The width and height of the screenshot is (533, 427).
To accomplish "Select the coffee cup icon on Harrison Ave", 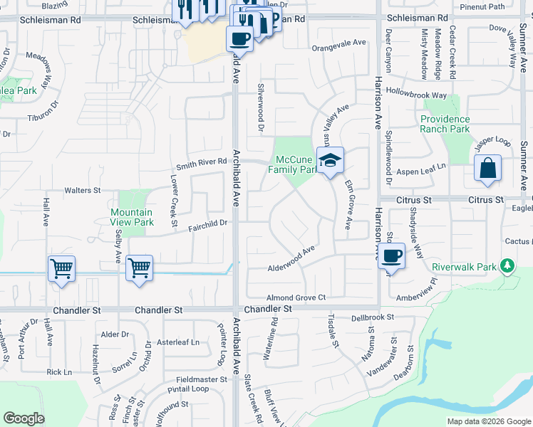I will [391, 256].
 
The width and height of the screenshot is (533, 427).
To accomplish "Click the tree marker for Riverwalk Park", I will [507, 266].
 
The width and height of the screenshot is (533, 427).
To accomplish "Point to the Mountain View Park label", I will [132, 217].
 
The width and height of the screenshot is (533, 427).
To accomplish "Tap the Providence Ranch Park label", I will [445, 124].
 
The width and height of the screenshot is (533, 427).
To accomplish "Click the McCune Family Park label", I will [292, 164].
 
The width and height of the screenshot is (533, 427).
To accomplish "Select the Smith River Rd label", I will [202, 163].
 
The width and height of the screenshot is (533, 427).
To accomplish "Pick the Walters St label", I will [83, 191].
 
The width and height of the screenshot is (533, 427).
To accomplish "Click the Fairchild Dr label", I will [207, 223].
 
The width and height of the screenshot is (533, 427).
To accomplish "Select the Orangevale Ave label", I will [338, 43].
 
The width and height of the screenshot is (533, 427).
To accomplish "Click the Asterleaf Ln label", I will [179, 342].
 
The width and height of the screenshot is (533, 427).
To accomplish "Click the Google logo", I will [24, 418].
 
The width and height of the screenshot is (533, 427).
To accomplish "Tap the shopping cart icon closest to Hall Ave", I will [61, 269].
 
